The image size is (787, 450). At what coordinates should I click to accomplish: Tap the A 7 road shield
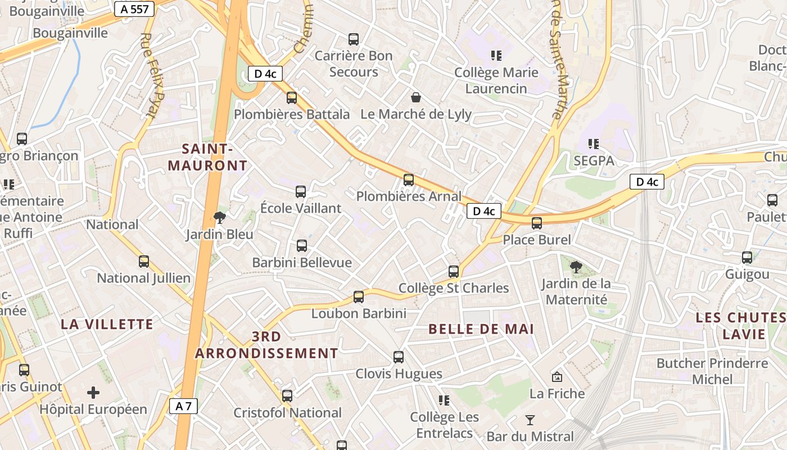183,406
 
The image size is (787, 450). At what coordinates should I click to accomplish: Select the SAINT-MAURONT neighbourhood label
207,157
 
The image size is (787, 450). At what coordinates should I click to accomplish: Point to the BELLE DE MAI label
481,329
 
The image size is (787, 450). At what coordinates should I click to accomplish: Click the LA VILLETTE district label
107,324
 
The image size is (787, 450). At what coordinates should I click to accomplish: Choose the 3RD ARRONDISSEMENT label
266,345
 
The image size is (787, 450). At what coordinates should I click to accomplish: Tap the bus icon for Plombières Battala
292,98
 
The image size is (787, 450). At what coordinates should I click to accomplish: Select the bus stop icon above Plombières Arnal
409,180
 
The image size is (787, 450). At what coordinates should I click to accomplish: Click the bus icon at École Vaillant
301,192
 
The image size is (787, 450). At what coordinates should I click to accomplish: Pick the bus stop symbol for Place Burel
537,223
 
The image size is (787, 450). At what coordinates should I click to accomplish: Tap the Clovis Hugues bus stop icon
399,357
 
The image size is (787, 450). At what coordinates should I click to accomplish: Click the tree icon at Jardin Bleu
220,218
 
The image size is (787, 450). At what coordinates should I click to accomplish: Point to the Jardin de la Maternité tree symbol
576,267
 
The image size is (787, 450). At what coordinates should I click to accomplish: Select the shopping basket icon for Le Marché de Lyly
416,98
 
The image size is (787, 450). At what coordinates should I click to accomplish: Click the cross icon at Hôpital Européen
93,393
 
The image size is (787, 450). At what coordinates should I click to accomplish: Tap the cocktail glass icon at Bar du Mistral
530,420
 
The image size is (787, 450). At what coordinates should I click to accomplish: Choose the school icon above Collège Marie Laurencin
496,56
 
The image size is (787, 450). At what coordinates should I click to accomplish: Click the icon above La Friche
557,377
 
